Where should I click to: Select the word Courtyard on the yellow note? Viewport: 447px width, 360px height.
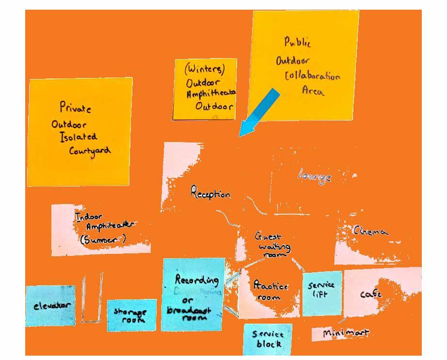[x=90, y=150]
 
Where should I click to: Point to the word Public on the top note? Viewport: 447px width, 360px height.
[x=297, y=43]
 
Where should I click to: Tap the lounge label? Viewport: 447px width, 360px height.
[x=315, y=177]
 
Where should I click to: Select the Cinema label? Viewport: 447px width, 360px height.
[x=371, y=232]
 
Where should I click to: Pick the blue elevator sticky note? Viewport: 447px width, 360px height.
[x=50, y=306]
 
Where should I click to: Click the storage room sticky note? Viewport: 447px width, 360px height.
[x=131, y=315]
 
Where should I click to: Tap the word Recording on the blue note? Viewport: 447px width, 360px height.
[x=196, y=280]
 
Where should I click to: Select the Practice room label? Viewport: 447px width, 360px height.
[x=271, y=291]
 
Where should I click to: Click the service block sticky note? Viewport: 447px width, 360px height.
[x=268, y=339]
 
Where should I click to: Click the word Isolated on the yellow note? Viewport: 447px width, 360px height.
[x=79, y=137]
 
